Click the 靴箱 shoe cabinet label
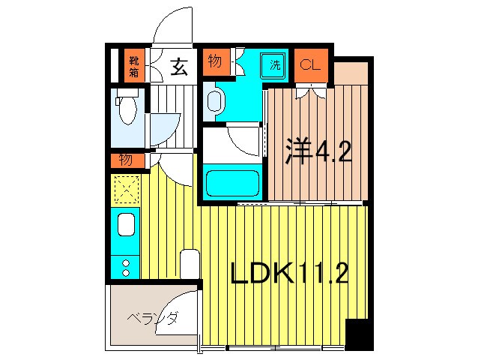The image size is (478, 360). coord(133,66)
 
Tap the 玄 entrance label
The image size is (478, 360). coord(179,67)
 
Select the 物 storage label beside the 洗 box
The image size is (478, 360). coord(214,61)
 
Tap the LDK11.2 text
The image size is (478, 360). coord(288,274)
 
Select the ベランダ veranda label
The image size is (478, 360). coord(152,319)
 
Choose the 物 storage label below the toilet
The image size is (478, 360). coord(125,160)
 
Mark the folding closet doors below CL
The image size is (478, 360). coord(310,91)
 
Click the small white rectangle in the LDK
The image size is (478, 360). coord(190,264)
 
